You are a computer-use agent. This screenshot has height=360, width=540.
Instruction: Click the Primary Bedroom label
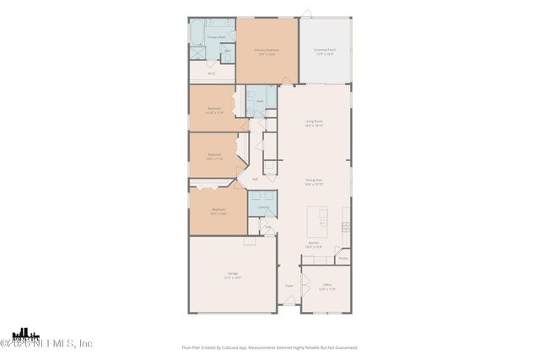pos(267,51)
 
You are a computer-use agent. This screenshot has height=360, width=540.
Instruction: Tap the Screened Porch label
pos(324,51)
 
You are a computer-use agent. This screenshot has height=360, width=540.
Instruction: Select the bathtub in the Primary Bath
pos(197,35)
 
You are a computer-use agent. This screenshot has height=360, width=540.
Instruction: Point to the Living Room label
pos(314,122)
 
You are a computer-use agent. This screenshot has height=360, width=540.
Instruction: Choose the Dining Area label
pos(314,181)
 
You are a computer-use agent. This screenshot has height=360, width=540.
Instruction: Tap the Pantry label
pos(343,258)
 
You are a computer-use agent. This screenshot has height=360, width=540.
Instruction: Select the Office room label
pos(327,287)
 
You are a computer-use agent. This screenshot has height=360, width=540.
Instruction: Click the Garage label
pos(231,275)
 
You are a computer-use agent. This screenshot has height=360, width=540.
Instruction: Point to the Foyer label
pos(288,286)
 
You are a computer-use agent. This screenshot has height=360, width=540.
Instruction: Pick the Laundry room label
pos(262,207)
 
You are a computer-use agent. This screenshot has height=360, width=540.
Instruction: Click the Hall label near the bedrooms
pos(255,179)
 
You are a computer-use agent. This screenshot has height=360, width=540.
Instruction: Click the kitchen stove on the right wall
pos(346,226)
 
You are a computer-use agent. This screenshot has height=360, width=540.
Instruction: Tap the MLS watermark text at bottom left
pos(46,342)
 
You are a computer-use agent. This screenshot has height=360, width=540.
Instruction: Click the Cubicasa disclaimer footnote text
pos(270,347)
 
